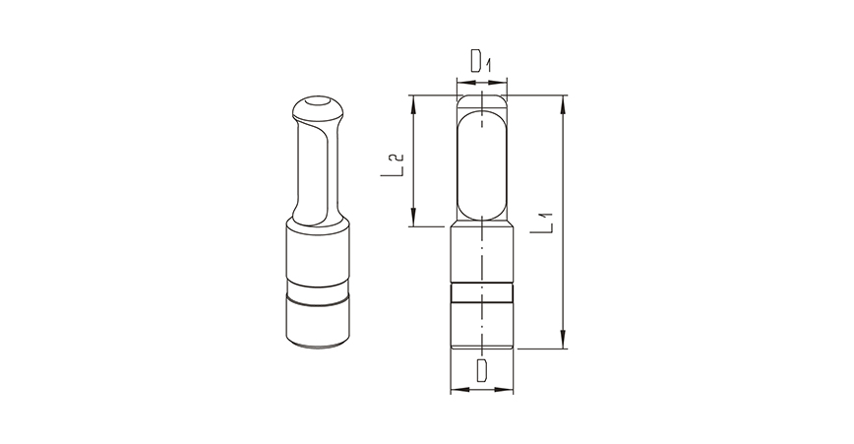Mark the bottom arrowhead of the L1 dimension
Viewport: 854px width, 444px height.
tap(563, 344)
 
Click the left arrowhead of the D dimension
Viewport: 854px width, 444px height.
tap(456, 391)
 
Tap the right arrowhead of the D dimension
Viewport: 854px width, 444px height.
tap(509, 391)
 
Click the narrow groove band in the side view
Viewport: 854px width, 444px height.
tap(482, 291)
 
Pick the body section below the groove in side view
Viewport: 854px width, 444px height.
tap(482, 323)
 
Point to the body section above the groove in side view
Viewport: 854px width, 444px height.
tap(482, 256)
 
